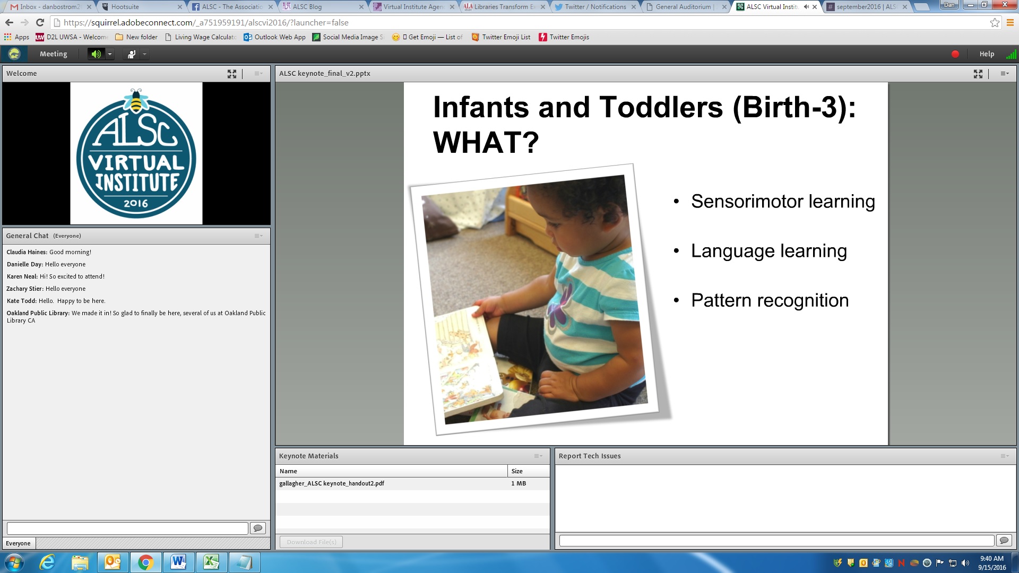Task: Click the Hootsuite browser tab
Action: coord(140,7)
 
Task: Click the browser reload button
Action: coord(40,22)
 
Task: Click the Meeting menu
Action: coord(53,54)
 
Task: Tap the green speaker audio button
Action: coord(96,54)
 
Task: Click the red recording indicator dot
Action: coord(955,54)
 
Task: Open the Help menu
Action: coord(987,54)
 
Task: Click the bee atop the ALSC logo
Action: coord(136,101)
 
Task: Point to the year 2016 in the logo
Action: coord(136,203)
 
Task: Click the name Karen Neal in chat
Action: coord(22,276)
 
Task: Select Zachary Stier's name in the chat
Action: coord(24,289)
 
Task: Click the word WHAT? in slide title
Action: coord(486,142)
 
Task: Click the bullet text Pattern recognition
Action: coord(770,300)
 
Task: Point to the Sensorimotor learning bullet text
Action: coord(783,202)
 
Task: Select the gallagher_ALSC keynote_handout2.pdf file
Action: coord(332,483)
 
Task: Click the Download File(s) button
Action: coord(311,542)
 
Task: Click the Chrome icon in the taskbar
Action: coord(145,562)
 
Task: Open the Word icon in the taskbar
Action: coord(178,562)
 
